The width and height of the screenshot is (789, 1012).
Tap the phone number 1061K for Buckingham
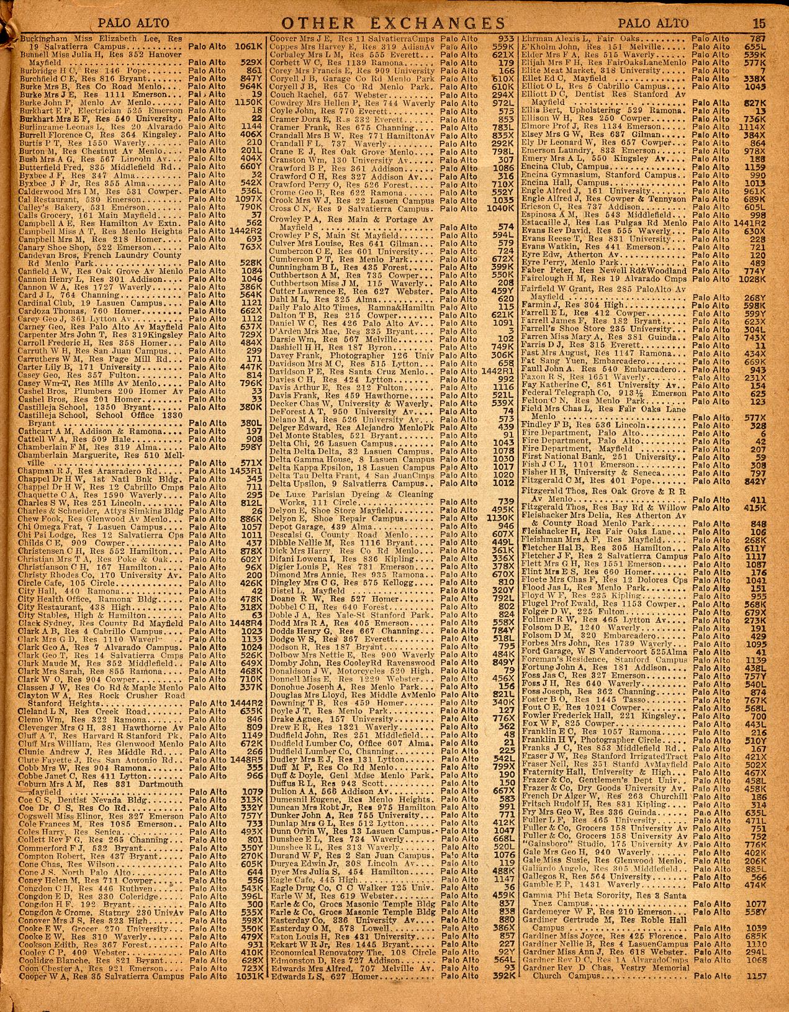248,46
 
